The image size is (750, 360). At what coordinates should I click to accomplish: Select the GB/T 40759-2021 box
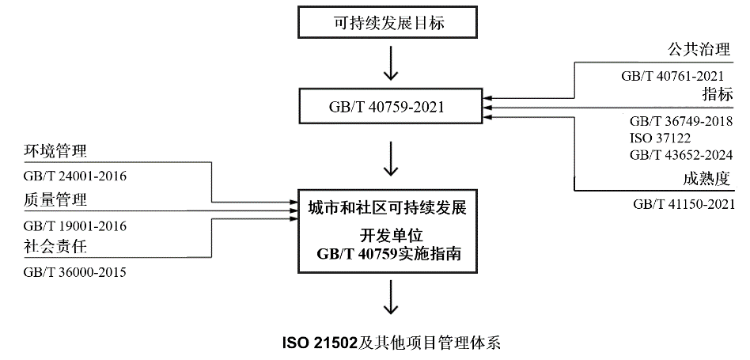click(x=389, y=106)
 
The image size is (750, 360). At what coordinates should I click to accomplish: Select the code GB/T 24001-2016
click(x=76, y=176)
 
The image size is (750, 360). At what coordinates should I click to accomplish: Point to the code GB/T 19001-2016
click(x=76, y=226)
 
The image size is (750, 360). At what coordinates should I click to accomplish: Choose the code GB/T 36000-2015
click(x=76, y=272)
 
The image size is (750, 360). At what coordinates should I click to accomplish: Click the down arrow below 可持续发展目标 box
click(x=389, y=63)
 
